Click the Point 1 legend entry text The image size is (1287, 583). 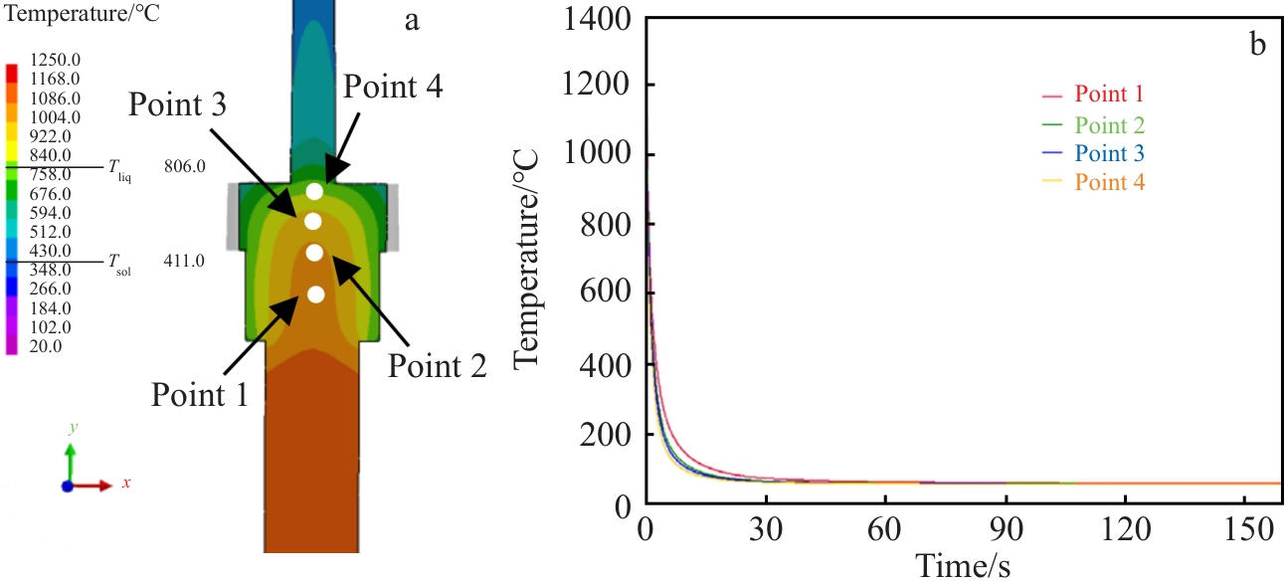click(x=1108, y=95)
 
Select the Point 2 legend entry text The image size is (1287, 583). click(x=1108, y=125)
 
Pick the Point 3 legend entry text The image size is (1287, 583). click(x=1108, y=154)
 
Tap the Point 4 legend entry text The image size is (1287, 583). click(x=1108, y=183)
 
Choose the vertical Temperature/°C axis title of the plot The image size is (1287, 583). click(x=527, y=261)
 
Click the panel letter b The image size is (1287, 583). click(x=1258, y=46)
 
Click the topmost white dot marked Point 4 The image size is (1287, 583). click(x=314, y=191)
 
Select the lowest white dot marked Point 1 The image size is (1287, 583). click(x=315, y=293)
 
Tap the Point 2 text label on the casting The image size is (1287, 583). click(x=438, y=365)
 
